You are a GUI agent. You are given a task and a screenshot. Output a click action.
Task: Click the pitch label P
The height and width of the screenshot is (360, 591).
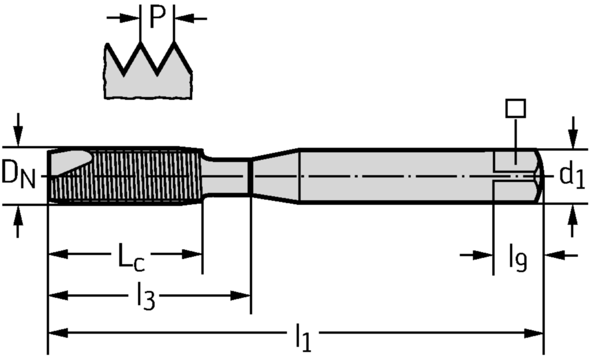click(x=157, y=17)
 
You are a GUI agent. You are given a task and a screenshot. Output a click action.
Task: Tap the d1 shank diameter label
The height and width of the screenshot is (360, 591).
click(x=572, y=175)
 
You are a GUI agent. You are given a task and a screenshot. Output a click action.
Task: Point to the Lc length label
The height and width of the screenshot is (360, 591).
click(x=131, y=257)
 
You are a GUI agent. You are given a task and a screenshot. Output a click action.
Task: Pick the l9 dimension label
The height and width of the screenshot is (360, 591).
click(x=518, y=257)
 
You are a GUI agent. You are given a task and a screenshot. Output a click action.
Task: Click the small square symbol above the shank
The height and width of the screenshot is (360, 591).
click(x=515, y=108)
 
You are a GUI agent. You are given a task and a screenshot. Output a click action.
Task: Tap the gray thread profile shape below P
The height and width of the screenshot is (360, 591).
click(x=148, y=71)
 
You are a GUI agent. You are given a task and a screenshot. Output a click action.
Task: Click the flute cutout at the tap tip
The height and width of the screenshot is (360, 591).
click(x=72, y=162)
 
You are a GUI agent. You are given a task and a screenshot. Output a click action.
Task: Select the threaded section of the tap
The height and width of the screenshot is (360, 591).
click(x=125, y=176)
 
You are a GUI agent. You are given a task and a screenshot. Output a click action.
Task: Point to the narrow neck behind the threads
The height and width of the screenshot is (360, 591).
click(x=226, y=176)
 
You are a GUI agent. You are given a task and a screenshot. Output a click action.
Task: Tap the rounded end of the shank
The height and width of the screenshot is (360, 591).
click(x=540, y=176)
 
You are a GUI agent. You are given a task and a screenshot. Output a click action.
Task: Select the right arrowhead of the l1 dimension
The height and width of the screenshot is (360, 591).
click(x=534, y=333)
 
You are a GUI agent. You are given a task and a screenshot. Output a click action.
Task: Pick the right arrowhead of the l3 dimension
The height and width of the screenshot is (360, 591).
click(x=241, y=295)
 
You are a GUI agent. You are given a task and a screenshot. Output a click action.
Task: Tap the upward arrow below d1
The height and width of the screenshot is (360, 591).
click(x=573, y=220)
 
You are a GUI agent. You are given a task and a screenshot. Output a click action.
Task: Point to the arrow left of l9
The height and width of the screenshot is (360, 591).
click(x=476, y=256)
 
